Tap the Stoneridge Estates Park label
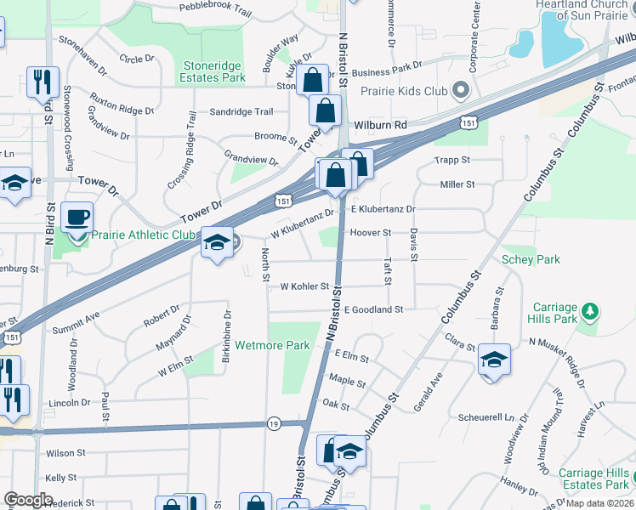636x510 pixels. [x=212, y=71]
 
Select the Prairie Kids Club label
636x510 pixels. [x=404, y=90]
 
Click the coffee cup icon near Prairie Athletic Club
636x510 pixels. [x=77, y=218]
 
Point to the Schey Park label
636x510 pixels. [x=531, y=259]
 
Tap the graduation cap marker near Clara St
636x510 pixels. [x=494, y=360]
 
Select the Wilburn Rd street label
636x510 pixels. [x=382, y=125]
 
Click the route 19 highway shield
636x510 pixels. [x=273, y=423]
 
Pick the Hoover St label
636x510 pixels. [x=370, y=232]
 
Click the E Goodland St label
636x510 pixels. [x=373, y=310]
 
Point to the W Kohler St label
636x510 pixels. [x=304, y=286]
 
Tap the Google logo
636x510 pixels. [x=28, y=500]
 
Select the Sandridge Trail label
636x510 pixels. [x=241, y=112]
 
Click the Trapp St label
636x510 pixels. [x=452, y=160]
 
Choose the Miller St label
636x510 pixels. [x=457, y=184]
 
